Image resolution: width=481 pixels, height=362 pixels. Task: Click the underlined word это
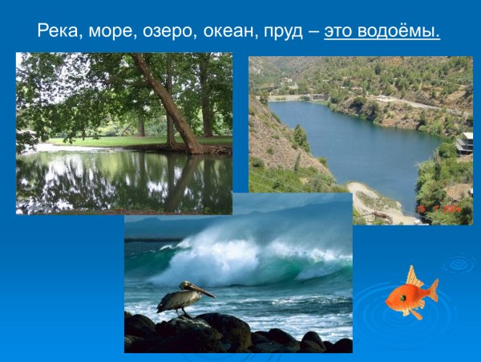[x=341, y=32]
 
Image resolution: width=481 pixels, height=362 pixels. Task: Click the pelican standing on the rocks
[x=181, y=298]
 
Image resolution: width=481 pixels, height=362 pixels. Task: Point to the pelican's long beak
[x=204, y=291]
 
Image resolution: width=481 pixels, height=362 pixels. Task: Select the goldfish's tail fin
[x=431, y=290]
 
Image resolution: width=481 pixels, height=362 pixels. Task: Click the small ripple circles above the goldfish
[x=459, y=262]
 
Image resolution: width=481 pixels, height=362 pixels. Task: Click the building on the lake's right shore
[x=463, y=143]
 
